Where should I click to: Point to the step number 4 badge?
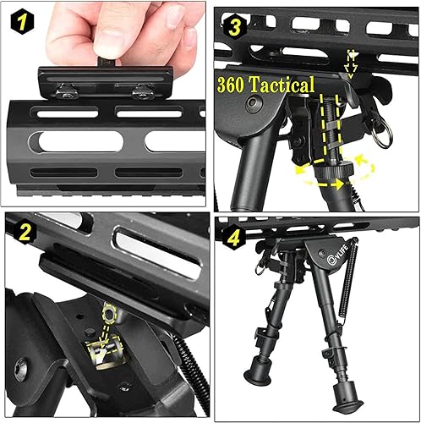click(x=232, y=232)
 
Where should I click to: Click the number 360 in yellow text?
click(x=232, y=85)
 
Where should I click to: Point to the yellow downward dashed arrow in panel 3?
click(x=352, y=61)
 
